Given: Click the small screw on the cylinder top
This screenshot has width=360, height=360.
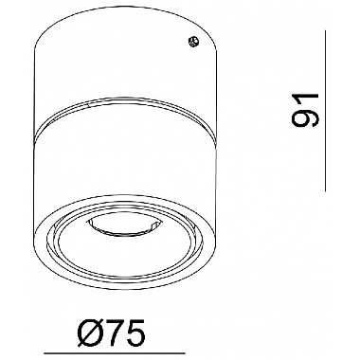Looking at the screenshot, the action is [193, 42].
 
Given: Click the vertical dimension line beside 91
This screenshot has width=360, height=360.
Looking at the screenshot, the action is [325, 111].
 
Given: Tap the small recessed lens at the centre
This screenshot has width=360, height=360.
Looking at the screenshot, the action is [119, 226].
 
